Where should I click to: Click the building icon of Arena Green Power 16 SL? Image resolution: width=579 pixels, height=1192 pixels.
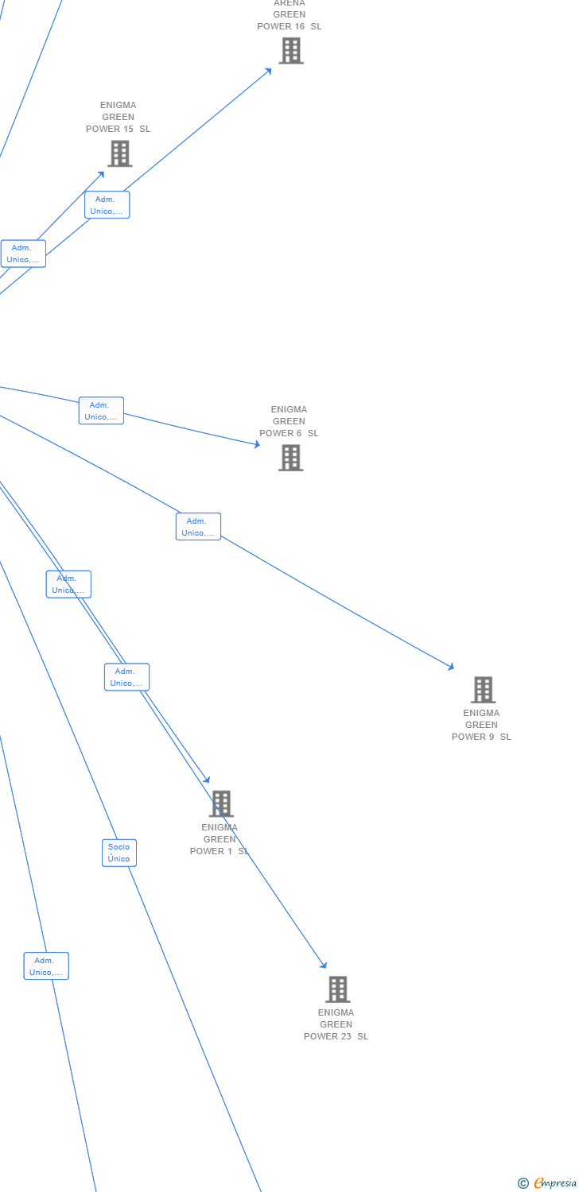point(291,51)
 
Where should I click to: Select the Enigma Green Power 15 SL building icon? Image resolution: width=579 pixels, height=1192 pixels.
point(120,153)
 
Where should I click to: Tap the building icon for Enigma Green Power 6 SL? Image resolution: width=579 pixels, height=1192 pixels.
point(290,458)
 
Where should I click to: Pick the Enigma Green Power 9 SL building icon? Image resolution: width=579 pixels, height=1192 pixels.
point(483,690)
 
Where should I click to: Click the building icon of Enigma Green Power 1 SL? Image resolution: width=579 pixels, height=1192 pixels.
point(221,803)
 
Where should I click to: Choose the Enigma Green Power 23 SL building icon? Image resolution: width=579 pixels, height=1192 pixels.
point(338,989)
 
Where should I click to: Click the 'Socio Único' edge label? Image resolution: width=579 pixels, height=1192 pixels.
point(119,853)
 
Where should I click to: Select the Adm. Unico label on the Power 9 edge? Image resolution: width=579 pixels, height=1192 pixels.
point(198,527)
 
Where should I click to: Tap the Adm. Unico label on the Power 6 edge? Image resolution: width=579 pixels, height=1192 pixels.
point(101,411)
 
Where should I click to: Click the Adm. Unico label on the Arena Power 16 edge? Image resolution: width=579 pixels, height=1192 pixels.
point(107,205)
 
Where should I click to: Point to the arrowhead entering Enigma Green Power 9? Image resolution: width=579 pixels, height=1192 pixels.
point(451,667)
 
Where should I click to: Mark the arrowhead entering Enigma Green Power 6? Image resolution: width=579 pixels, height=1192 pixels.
point(257,445)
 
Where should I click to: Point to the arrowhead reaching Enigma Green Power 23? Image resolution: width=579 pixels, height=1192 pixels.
point(324,966)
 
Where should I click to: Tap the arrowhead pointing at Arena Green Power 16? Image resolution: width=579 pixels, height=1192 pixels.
point(269,71)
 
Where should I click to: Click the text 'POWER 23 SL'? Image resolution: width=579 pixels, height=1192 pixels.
point(336,1036)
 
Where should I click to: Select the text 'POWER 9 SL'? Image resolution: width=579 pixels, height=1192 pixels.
point(481,737)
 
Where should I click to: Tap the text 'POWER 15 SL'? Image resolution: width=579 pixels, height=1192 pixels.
point(118,129)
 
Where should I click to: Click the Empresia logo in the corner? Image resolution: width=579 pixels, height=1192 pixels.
point(554,1183)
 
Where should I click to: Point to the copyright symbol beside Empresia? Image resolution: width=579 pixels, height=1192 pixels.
point(523,1183)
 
